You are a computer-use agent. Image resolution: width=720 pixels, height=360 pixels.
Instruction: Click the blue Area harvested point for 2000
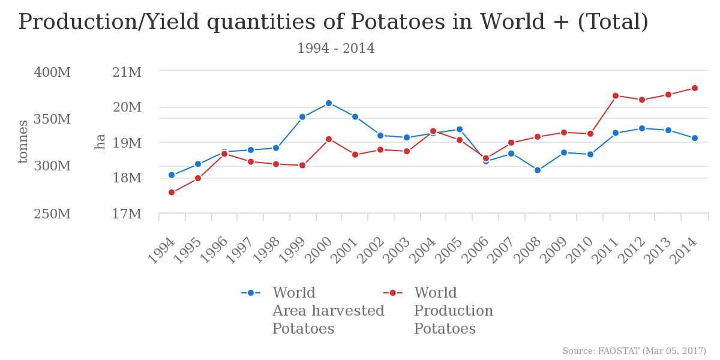coord(329,103)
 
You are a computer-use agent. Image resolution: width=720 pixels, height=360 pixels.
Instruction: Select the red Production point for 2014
coord(695,88)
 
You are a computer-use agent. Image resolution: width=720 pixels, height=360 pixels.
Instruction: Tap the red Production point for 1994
coord(172,193)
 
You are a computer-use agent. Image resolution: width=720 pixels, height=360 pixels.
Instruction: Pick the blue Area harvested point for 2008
coord(538,170)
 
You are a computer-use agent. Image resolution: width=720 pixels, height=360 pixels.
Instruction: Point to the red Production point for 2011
coord(616,96)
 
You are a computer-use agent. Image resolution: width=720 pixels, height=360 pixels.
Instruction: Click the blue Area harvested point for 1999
coord(302,117)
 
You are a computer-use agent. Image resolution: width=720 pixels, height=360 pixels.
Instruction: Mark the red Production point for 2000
coord(329,139)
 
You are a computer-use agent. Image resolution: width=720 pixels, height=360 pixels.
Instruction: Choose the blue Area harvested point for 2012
coord(642,128)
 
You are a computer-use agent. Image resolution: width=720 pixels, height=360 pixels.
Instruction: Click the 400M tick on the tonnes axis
coord(52,73)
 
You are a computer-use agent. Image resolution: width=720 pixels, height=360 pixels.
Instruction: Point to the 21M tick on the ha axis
coord(127,73)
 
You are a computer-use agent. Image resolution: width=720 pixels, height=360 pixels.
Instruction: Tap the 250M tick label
coord(52,214)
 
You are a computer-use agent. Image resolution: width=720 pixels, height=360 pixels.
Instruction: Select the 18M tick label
coord(127,178)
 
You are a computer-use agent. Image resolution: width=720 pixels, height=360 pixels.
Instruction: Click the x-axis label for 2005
coord(449,251)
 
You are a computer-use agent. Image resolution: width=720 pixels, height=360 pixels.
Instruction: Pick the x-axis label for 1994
coord(161,251)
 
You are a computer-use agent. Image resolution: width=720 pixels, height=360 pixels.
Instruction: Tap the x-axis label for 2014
coord(684,251)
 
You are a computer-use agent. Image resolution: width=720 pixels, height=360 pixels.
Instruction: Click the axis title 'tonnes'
coord(23,142)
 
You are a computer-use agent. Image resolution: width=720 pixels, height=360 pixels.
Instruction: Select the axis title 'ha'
coord(100,142)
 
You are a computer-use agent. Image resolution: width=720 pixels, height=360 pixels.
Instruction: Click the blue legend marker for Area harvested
coord(251,293)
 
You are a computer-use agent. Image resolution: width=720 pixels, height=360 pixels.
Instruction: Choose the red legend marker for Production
coord(392,293)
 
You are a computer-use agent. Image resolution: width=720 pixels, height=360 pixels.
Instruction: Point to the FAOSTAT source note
coord(634,351)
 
